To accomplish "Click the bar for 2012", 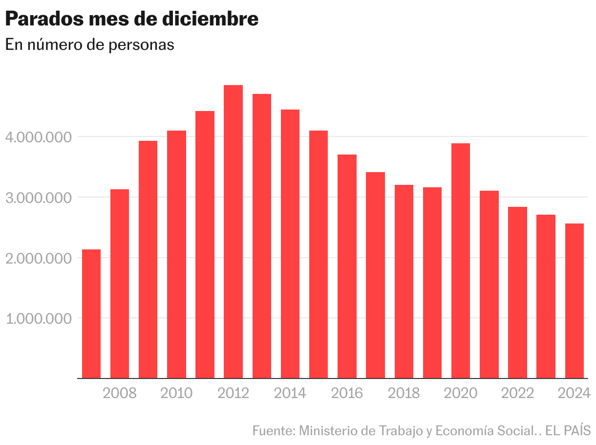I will [233, 232].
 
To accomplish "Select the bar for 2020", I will [461, 261].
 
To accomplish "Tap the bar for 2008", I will [120, 284].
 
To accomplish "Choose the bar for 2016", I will [347, 267].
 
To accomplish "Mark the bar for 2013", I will [262, 236].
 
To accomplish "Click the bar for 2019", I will [432, 283].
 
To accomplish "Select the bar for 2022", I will [517, 292].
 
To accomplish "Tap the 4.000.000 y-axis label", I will [37, 137].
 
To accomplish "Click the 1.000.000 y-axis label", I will [37, 318].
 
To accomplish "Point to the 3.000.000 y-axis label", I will [37, 198].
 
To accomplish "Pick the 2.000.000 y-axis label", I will [37, 258].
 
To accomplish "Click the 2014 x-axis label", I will [290, 393].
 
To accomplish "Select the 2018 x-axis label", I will [404, 393].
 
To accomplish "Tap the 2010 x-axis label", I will [176, 393].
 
